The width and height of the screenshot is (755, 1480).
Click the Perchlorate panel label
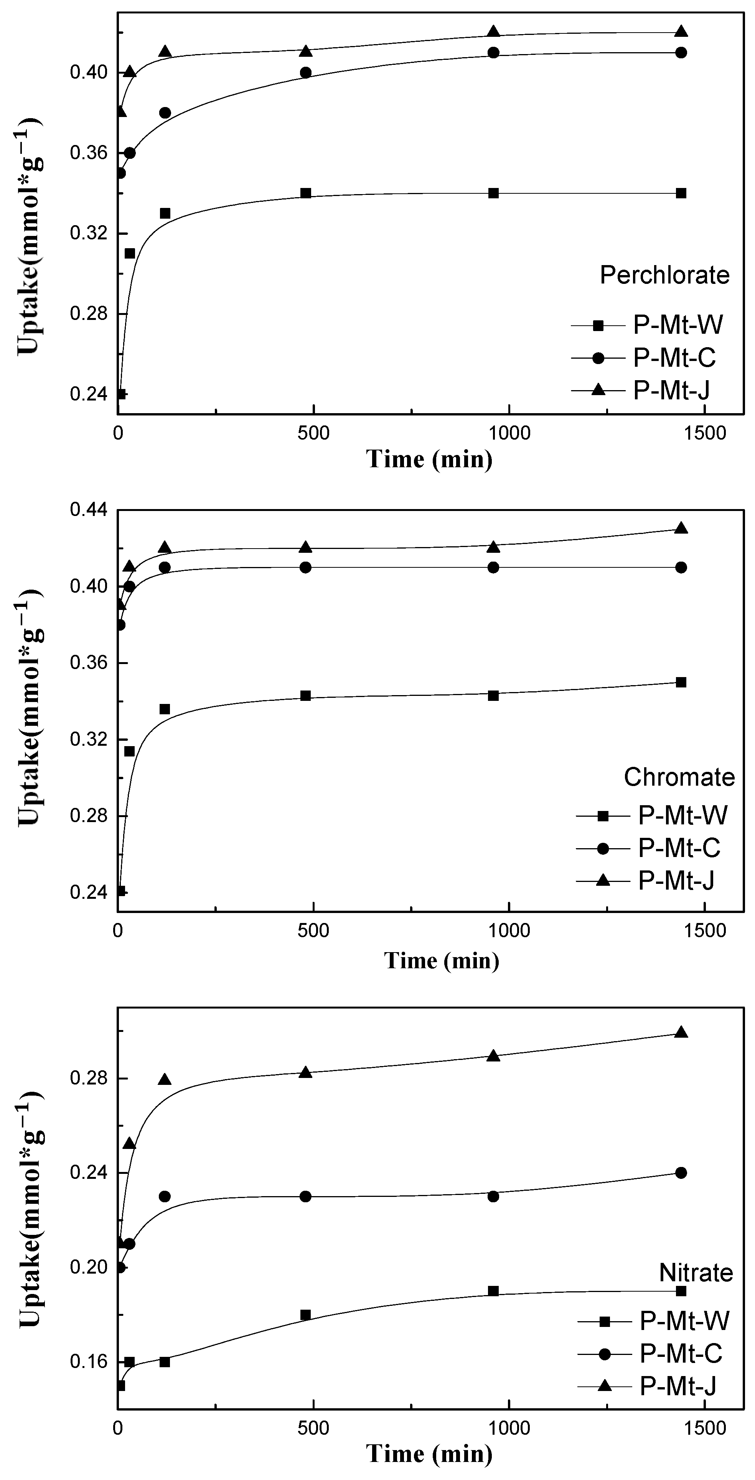pos(664,275)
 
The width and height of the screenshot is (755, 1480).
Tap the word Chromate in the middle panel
pos(679,777)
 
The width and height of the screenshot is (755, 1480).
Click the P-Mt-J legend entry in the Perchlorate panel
pos(671,390)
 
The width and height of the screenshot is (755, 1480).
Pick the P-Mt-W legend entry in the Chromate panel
pos(682,815)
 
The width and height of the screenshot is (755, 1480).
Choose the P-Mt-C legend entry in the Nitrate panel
pos(681,1354)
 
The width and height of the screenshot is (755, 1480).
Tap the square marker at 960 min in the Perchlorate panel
pos(493,193)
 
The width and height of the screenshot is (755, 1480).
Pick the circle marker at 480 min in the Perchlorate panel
pos(306,73)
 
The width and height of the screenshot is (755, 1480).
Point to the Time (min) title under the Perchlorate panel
pos(430,460)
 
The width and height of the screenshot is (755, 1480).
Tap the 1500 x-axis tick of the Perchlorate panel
pos(706,433)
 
